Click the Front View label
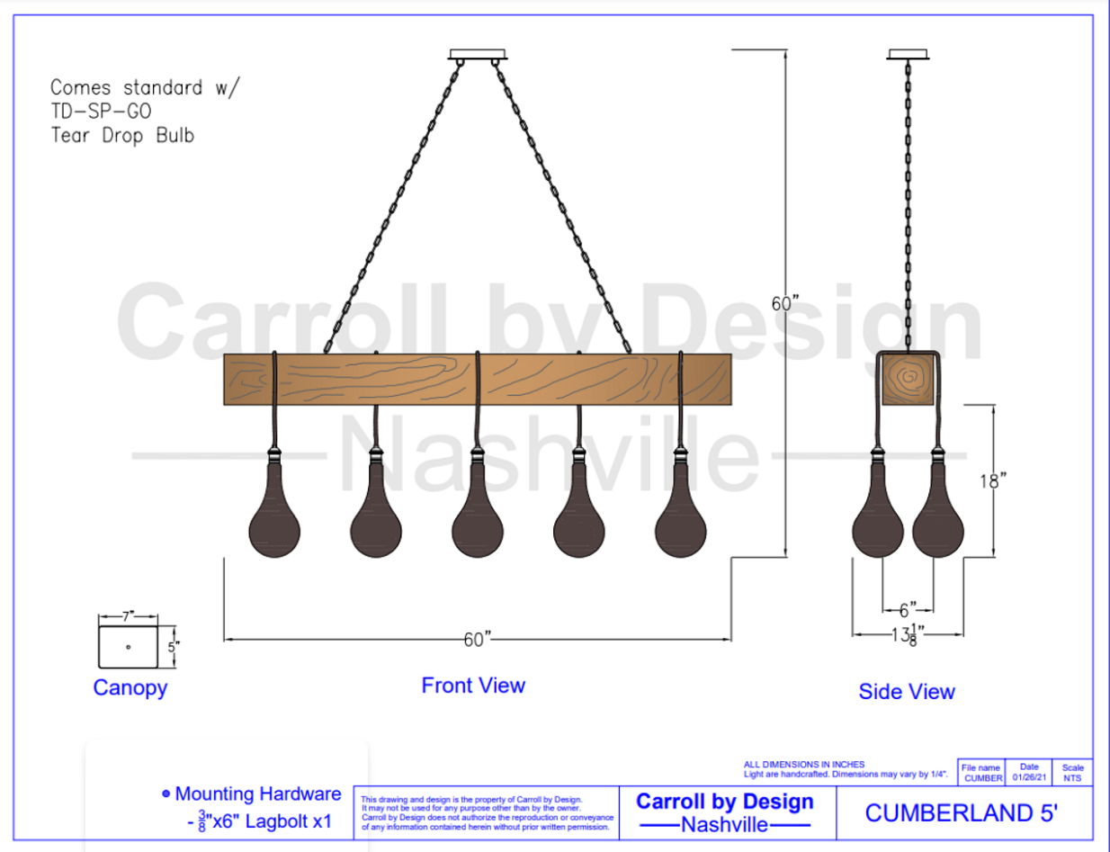pyautogui.click(x=473, y=686)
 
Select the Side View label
pyautogui.click(x=907, y=692)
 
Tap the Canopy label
pyautogui.click(x=130, y=688)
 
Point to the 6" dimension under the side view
pyautogui.click(x=908, y=609)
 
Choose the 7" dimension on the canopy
pyautogui.click(x=128, y=616)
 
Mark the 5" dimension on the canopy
pyautogui.click(x=175, y=645)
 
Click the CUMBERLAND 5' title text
pyautogui.click(x=962, y=812)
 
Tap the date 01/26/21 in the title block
pyautogui.click(x=1028, y=777)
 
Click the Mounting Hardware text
pyautogui.click(x=258, y=794)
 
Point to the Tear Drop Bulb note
pyautogui.click(x=122, y=136)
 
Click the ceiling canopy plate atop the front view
pyautogui.click(x=478, y=54)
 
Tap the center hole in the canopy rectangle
pyautogui.click(x=129, y=646)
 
